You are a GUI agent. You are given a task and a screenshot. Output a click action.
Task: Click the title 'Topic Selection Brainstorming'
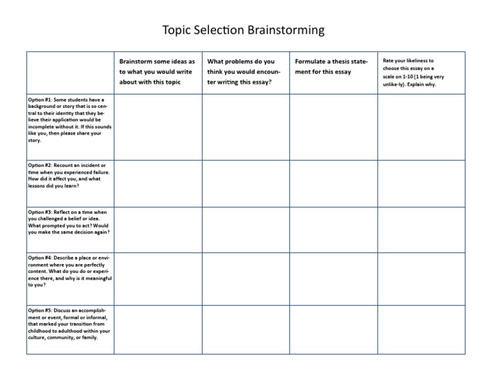[x=244, y=30]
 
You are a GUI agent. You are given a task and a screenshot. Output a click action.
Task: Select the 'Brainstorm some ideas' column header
[x=158, y=72]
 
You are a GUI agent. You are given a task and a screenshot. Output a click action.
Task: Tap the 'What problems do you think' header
[x=245, y=72]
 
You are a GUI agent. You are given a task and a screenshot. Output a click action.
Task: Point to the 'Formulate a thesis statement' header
[x=331, y=67]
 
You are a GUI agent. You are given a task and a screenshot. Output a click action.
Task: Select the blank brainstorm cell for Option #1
[x=158, y=126]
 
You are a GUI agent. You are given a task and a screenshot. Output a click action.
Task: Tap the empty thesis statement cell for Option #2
[x=334, y=183]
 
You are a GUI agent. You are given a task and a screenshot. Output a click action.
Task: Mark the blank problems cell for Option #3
[x=246, y=230]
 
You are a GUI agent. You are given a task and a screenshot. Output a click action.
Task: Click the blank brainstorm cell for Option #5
[x=158, y=329]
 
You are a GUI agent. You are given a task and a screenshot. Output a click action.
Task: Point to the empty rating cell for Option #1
[x=421, y=126]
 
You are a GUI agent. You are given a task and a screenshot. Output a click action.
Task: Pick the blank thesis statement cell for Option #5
[x=334, y=329]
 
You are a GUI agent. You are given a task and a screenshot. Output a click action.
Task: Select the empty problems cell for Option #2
[x=246, y=183]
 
